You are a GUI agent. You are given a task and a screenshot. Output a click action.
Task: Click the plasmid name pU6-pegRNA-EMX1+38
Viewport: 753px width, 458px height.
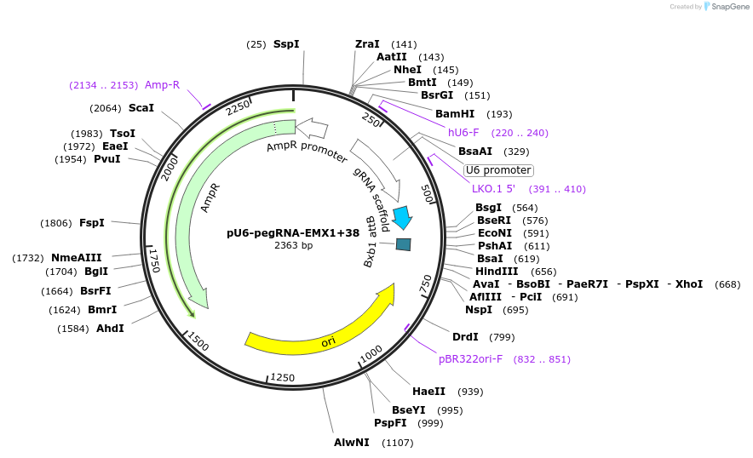point(293,232)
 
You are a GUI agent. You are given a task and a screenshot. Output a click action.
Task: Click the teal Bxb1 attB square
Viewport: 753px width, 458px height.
point(404,245)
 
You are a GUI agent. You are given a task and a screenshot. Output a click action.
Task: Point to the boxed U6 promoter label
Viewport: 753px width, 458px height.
point(498,170)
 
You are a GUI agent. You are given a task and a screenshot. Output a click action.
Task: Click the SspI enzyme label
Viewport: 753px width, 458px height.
point(286,44)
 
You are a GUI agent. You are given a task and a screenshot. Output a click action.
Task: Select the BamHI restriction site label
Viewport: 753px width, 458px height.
point(455,114)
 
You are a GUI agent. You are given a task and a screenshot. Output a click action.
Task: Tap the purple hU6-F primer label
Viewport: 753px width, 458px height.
point(463,133)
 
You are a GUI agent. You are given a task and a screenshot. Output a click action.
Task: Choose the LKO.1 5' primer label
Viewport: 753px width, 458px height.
point(494,189)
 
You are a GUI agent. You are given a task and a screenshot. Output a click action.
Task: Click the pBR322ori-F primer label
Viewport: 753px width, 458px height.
point(470,359)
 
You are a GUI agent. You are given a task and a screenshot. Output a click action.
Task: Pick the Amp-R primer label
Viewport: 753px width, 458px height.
point(162,85)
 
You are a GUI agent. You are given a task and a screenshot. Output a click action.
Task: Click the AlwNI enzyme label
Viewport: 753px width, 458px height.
point(352,443)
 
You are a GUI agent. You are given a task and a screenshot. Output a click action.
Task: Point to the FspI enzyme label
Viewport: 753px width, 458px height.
point(92,223)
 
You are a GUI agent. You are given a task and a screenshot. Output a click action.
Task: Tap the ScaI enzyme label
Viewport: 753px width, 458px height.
point(141,108)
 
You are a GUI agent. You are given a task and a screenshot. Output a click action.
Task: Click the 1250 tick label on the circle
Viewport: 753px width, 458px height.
point(282,377)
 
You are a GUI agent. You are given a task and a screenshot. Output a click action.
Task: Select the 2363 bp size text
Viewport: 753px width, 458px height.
point(293,246)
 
